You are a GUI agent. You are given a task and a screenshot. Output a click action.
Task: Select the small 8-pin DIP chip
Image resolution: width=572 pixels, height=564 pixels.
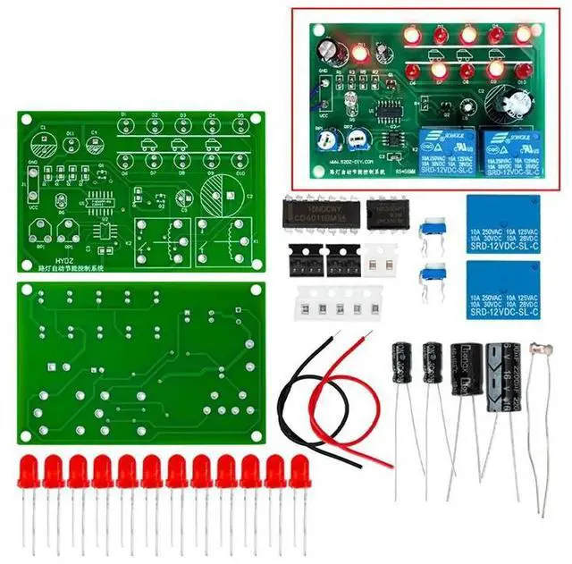coord(387,215)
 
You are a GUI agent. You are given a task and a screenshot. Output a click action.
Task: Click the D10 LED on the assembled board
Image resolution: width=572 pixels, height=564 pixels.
coord(524,70)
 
